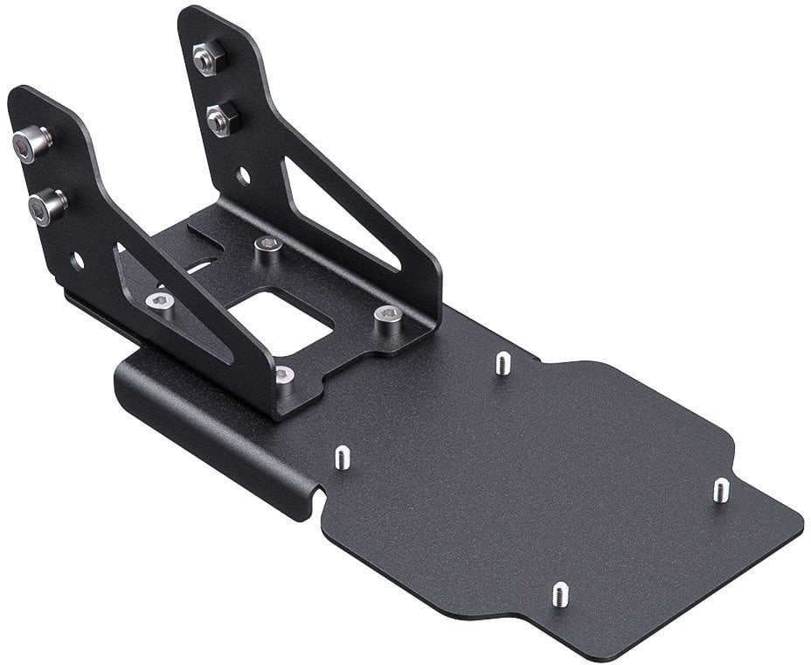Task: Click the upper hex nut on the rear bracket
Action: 207,59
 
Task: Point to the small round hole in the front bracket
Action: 77,260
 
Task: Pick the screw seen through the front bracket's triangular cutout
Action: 160,304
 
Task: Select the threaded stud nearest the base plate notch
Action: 342,456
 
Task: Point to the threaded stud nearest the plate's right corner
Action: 721,489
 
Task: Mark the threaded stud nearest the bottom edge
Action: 560,594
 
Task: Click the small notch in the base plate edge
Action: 320,500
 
